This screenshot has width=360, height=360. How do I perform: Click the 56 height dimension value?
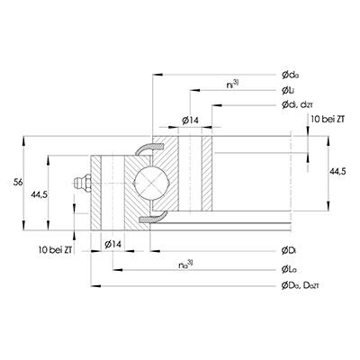[17, 183]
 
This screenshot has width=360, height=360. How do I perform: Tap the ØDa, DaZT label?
[300, 285]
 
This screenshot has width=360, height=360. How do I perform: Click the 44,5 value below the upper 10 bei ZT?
[335, 171]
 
